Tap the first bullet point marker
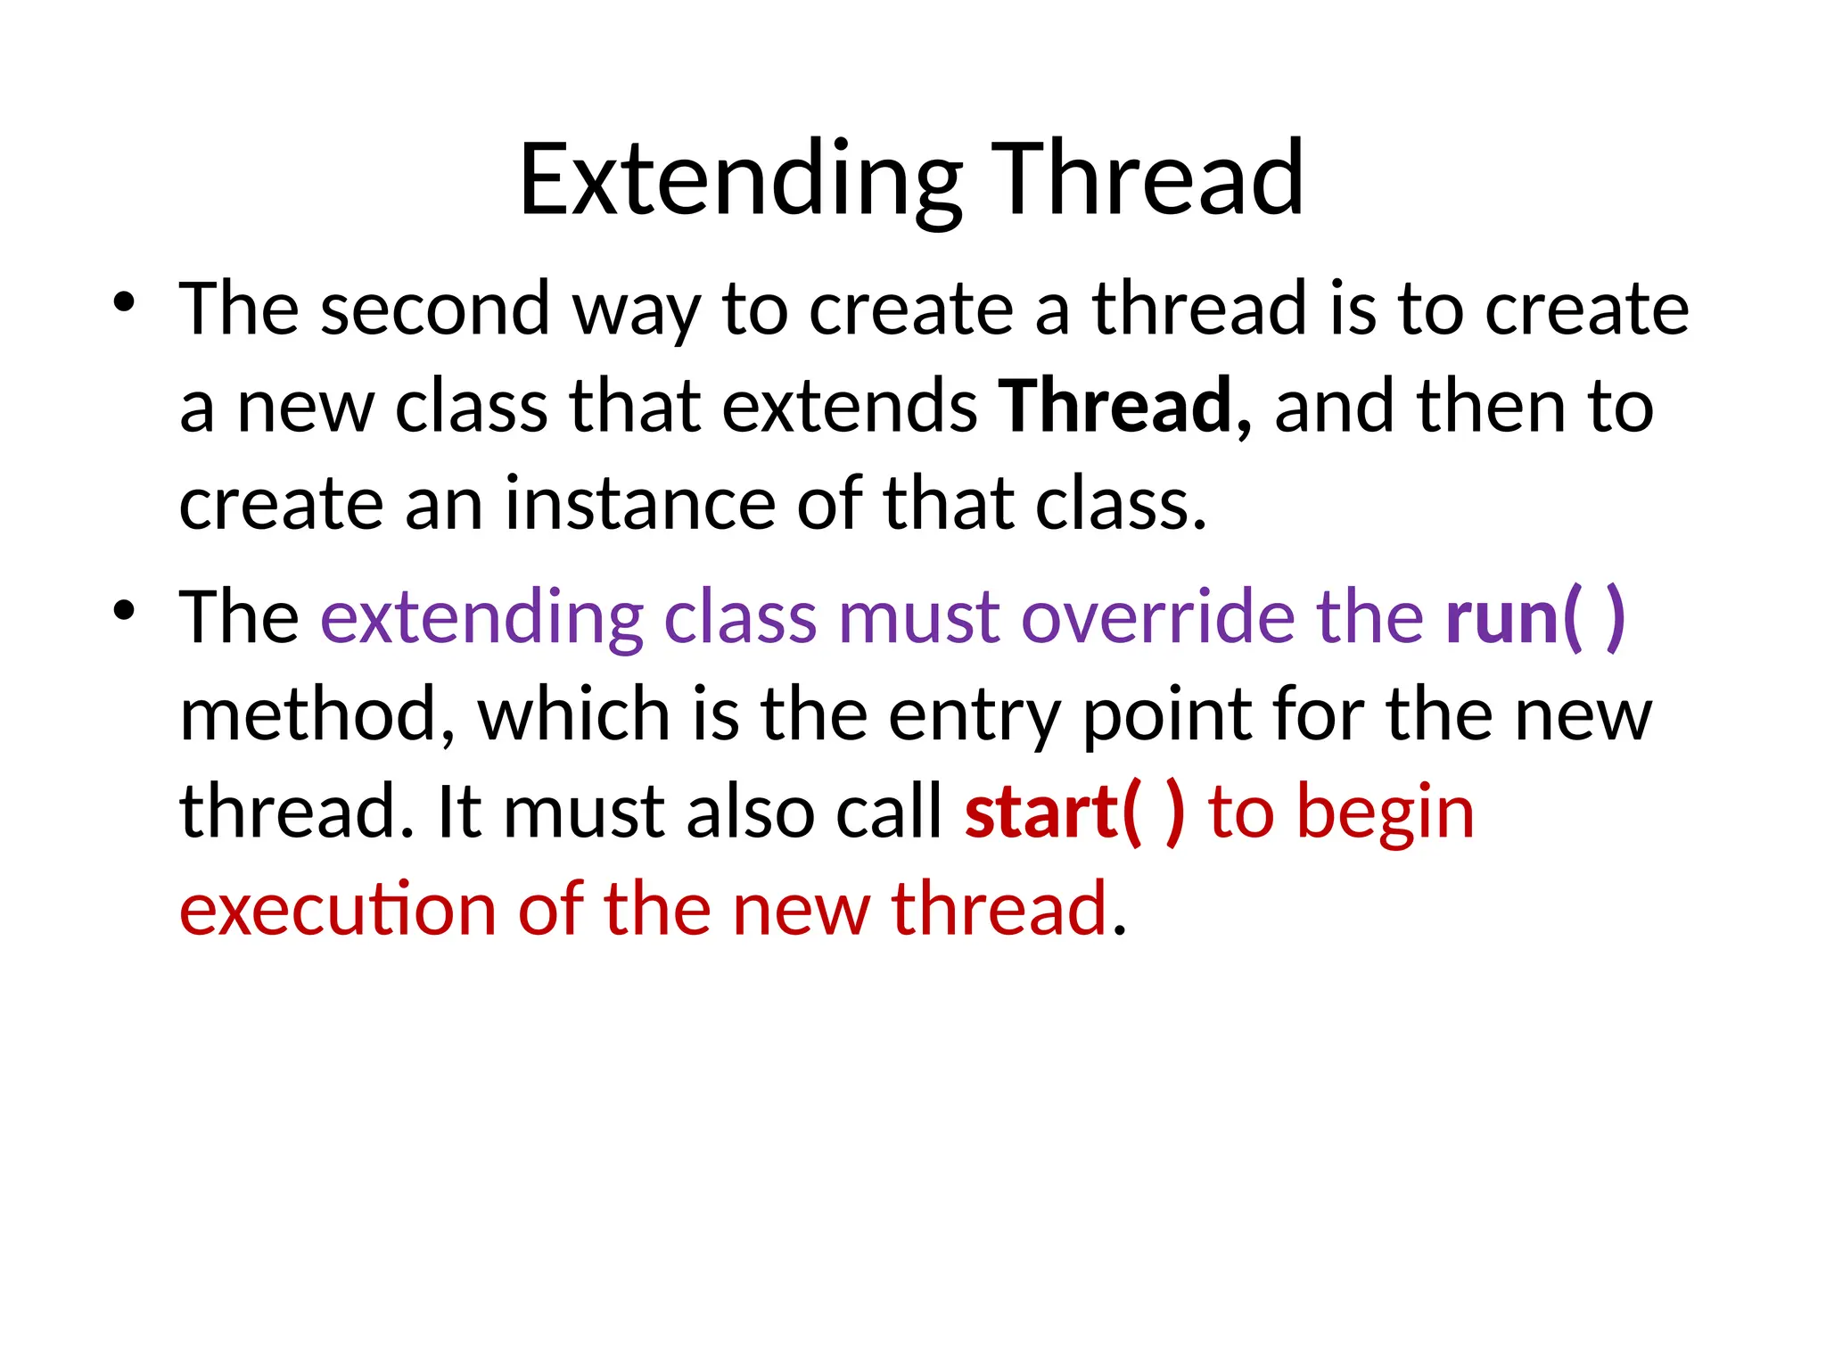[x=124, y=302]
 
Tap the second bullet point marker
[x=124, y=611]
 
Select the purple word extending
[x=481, y=617]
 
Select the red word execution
[x=337, y=909]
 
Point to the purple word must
[x=918, y=617]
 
